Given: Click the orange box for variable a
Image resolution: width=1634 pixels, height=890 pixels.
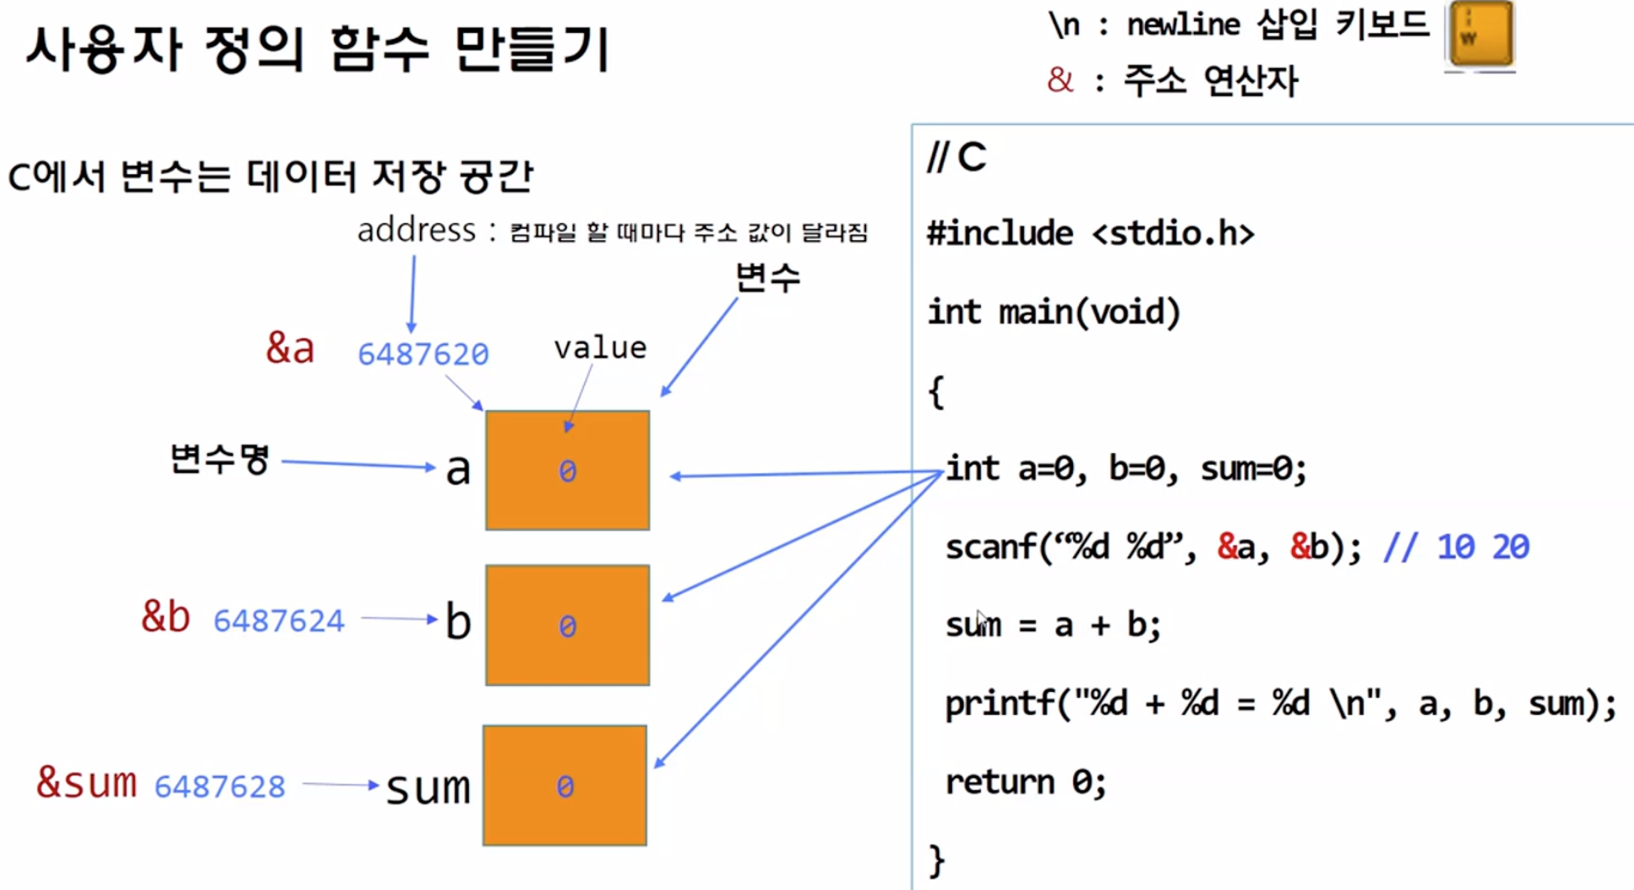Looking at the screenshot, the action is [568, 470].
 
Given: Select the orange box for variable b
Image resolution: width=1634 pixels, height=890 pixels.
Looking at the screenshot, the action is [568, 625].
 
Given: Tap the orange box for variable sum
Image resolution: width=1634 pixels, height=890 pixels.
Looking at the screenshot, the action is [565, 785].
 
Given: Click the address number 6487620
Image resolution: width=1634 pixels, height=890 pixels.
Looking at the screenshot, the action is [423, 354].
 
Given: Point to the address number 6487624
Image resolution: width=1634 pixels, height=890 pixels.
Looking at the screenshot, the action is [278, 621].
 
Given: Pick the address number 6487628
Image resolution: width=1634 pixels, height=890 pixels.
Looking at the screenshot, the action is [220, 786].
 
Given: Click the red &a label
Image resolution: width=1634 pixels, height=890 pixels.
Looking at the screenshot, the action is [290, 348].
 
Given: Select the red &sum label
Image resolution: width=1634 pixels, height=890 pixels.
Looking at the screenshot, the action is [86, 782].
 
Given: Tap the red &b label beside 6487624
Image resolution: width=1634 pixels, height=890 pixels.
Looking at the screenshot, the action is [166, 617].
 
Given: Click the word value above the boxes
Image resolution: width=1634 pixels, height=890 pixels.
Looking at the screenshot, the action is [600, 348].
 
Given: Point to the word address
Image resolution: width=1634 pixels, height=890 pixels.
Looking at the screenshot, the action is [416, 230].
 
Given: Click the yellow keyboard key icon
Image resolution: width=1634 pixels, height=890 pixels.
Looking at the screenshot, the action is [1481, 34].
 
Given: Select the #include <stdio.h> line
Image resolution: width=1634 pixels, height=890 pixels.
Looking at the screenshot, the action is [1090, 234].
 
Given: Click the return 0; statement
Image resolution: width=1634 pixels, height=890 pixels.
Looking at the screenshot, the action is [1026, 781].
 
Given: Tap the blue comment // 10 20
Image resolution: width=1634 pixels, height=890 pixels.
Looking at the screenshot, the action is [1456, 547].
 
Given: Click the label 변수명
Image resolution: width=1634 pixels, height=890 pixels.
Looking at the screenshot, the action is [220, 458].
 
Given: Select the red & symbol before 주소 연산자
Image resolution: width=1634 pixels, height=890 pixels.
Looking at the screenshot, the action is [1060, 80].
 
